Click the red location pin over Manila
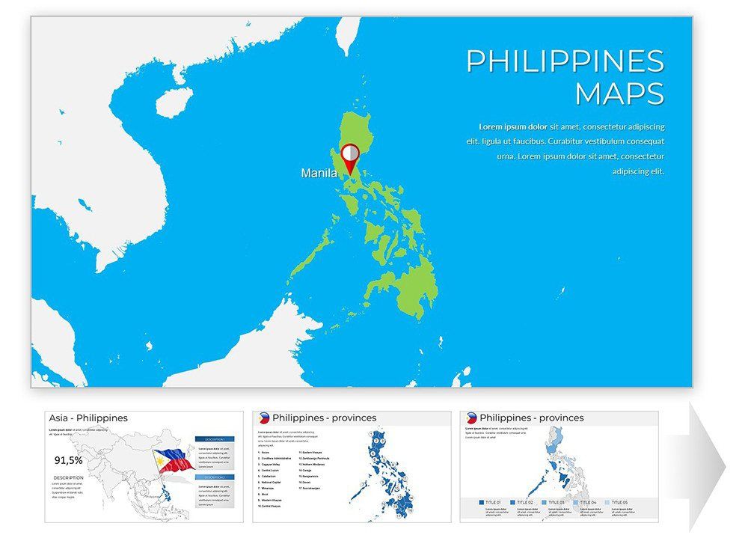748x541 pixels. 349,158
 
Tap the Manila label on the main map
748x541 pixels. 319,174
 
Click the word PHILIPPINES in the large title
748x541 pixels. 565,61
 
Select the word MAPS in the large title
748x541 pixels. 619,94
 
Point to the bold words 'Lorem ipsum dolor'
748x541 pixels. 512,126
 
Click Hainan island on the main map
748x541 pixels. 173,101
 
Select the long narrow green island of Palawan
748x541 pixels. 307,254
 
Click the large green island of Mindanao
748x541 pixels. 408,288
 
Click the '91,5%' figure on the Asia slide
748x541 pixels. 69,461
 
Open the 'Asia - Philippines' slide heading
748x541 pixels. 88,418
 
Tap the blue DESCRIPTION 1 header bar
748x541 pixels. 214,439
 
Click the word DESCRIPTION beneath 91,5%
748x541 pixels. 68,477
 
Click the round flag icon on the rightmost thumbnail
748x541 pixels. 471,418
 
